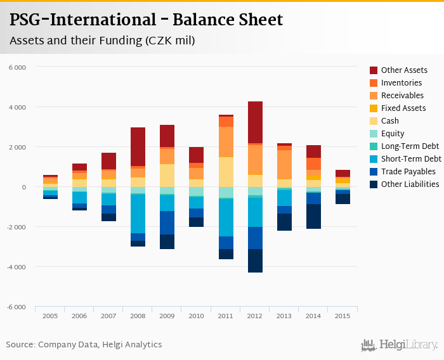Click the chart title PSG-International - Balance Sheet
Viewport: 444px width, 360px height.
pos(147,20)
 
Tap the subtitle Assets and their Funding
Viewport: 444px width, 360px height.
pos(102,41)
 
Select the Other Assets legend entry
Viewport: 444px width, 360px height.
pos(403,70)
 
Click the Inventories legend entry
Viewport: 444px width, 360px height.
pos(401,83)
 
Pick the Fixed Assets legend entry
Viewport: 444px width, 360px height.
pos(403,108)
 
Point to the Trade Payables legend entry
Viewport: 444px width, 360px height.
pos(408,172)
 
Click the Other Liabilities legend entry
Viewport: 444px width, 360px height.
pos(410,184)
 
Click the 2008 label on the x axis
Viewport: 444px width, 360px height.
pos(138,316)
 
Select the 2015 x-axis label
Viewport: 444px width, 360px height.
pos(343,316)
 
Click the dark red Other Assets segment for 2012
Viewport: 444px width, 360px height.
pos(255,122)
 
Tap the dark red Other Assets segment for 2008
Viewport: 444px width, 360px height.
pos(138,146)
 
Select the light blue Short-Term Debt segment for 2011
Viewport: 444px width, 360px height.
pos(226,217)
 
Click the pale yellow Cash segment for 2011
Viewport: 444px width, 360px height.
pos(226,172)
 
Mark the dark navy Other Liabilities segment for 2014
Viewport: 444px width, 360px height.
pos(313,216)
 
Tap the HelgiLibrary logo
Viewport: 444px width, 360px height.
pos(399,345)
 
